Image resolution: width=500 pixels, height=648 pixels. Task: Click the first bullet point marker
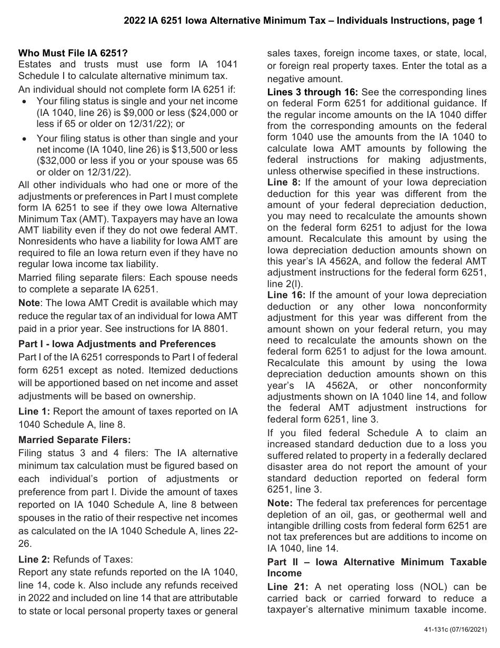point(25,101)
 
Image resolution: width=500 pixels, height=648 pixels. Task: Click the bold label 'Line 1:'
point(34,411)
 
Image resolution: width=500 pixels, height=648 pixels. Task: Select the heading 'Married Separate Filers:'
point(74,439)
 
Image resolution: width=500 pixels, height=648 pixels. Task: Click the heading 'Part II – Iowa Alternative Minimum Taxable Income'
point(377,567)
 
